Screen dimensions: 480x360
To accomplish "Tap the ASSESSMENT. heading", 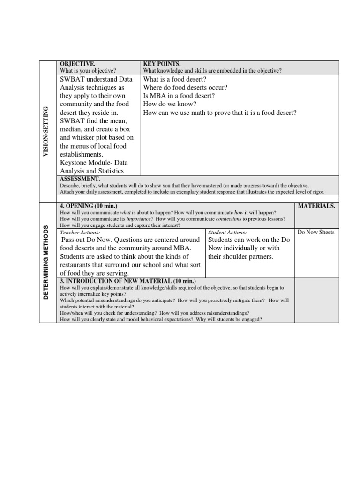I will pos(80,179).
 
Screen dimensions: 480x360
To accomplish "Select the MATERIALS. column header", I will pos(316,206).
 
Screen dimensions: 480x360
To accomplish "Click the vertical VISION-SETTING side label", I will pos(45,132).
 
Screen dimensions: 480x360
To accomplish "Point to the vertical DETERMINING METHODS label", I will pos(45,261).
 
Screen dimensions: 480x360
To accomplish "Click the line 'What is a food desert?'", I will pos(174,79).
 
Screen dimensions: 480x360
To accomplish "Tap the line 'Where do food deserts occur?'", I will pos(185,88).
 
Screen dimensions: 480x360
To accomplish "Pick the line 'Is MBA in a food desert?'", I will pos(179,96).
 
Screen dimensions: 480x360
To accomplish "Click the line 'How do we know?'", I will pos(169,104).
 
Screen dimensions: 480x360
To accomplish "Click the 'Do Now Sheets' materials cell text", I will pos(316,232).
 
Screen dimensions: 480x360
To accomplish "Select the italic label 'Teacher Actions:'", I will pos(80,232).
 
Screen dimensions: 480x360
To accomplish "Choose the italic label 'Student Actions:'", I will pos(227,232).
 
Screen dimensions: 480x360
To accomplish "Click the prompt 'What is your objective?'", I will pos(88,71).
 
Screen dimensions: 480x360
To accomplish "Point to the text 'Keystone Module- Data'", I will pos(94,163).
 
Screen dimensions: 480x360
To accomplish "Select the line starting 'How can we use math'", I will pos(219,112).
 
